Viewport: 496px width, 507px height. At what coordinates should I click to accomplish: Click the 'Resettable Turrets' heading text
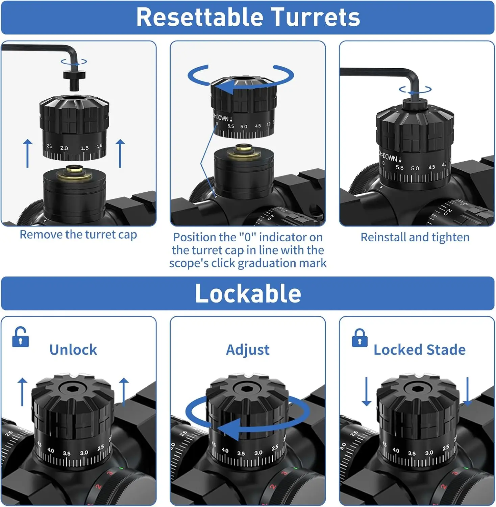(248, 17)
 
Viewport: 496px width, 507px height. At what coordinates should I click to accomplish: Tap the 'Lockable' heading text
(248, 293)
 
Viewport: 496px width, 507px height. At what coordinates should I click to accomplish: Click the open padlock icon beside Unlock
(20, 337)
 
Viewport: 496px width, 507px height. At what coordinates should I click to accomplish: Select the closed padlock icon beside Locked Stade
(359, 338)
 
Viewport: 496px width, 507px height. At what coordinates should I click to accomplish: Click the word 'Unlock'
(73, 350)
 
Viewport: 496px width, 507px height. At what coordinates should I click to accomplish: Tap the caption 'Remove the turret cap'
(78, 235)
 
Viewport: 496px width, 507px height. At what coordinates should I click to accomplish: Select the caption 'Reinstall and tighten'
(415, 237)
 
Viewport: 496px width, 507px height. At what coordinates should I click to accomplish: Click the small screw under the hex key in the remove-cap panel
(74, 78)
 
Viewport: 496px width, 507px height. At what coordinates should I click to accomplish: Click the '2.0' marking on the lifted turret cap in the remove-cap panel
(64, 148)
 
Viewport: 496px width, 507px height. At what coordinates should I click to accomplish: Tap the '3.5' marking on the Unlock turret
(67, 453)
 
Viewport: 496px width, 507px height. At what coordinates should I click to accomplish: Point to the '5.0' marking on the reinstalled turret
(415, 168)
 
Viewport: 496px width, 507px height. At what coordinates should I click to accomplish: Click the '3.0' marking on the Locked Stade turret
(429, 453)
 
